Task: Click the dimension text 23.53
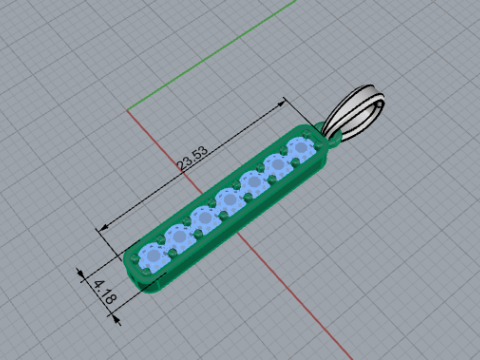(193, 158)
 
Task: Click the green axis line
(211, 55)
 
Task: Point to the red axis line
(239, 234)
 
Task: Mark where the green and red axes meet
(127, 110)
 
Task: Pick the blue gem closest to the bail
(302, 147)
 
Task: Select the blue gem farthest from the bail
(154, 256)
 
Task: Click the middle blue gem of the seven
(229, 200)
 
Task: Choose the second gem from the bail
(277, 165)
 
